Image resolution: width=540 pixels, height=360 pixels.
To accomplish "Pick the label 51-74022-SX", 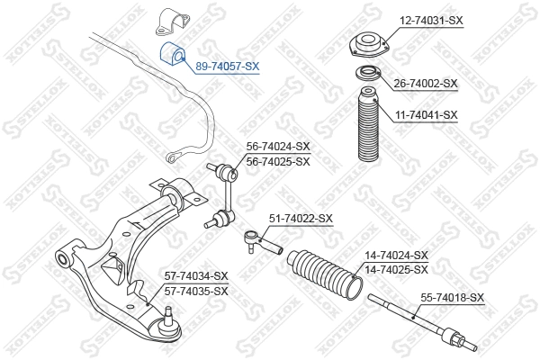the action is [301, 218].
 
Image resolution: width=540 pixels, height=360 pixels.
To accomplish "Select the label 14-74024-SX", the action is [396, 256].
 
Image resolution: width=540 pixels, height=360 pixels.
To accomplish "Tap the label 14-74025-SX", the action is [396, 269].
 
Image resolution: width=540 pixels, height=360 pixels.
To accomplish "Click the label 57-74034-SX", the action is [196, 275].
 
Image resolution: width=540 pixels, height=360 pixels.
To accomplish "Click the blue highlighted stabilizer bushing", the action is [172, 57].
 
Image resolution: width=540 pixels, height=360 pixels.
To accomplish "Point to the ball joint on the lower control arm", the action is [167, 318].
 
